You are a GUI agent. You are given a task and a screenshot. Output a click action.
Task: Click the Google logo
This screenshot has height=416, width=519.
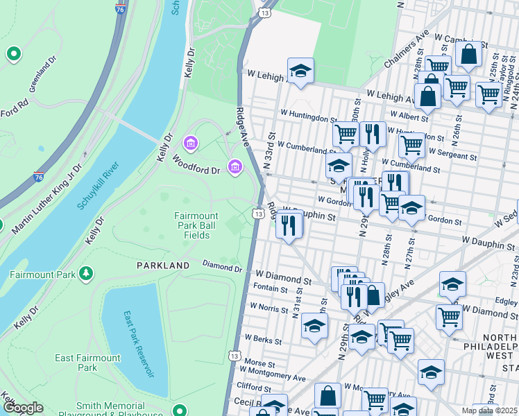[22, 408]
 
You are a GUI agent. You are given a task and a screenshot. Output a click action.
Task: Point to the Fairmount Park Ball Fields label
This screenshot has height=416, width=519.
[196, 225]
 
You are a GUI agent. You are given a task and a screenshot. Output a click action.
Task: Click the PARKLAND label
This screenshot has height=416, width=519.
[163, 266]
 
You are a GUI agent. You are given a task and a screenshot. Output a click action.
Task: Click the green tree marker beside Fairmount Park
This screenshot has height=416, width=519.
[86, 274]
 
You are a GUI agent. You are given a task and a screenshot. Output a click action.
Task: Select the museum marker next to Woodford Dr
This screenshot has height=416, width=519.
[235, 167]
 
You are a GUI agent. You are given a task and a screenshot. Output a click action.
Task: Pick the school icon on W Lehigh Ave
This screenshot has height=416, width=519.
[300, 71]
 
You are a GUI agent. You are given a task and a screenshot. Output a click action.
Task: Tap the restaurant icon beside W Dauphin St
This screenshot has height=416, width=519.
[289, 225]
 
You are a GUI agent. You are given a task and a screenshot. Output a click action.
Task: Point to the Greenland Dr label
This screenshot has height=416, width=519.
[42, 77]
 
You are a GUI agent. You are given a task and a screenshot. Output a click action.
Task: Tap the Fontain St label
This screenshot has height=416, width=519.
[270, 288]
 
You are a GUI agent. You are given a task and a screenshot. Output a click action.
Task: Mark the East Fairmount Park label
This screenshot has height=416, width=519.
[87, 363]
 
